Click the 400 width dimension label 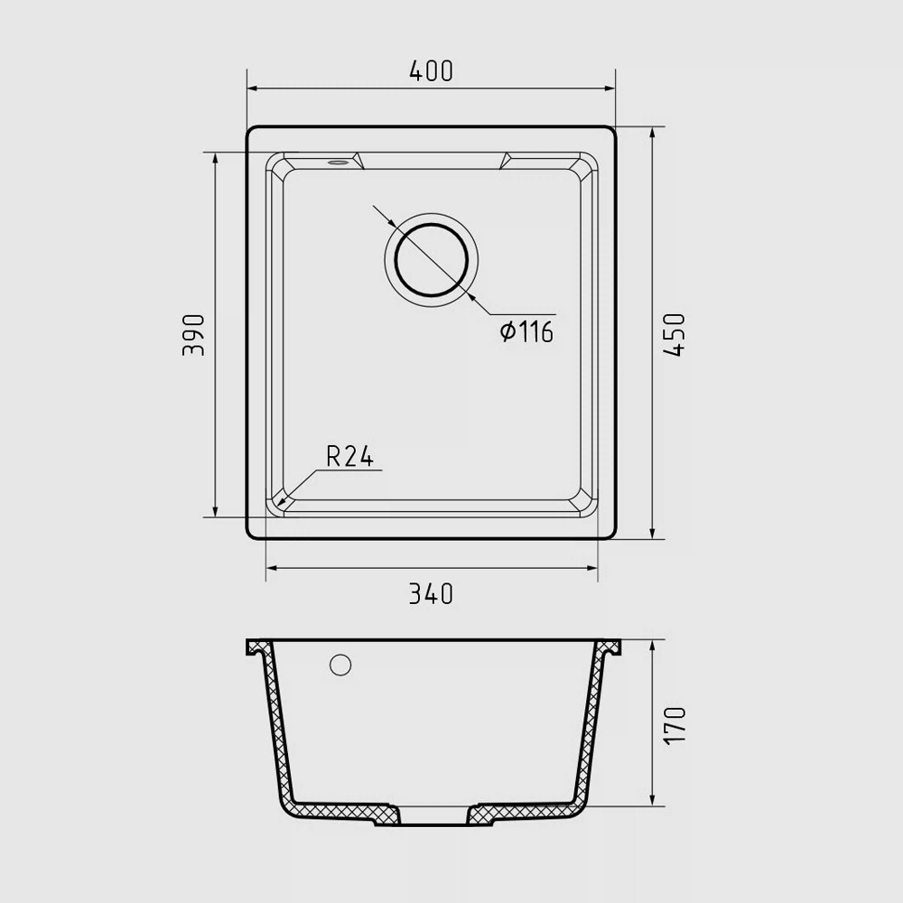click(431, 70)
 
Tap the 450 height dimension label click(675, 335)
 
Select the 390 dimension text click(193, 335)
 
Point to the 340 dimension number click(431, 594)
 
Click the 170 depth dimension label click(675, 726)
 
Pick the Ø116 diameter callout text click(526, 332)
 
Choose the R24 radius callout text click(349, 457)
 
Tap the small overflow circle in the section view click(340, 666)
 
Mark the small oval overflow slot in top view click(338, 163)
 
